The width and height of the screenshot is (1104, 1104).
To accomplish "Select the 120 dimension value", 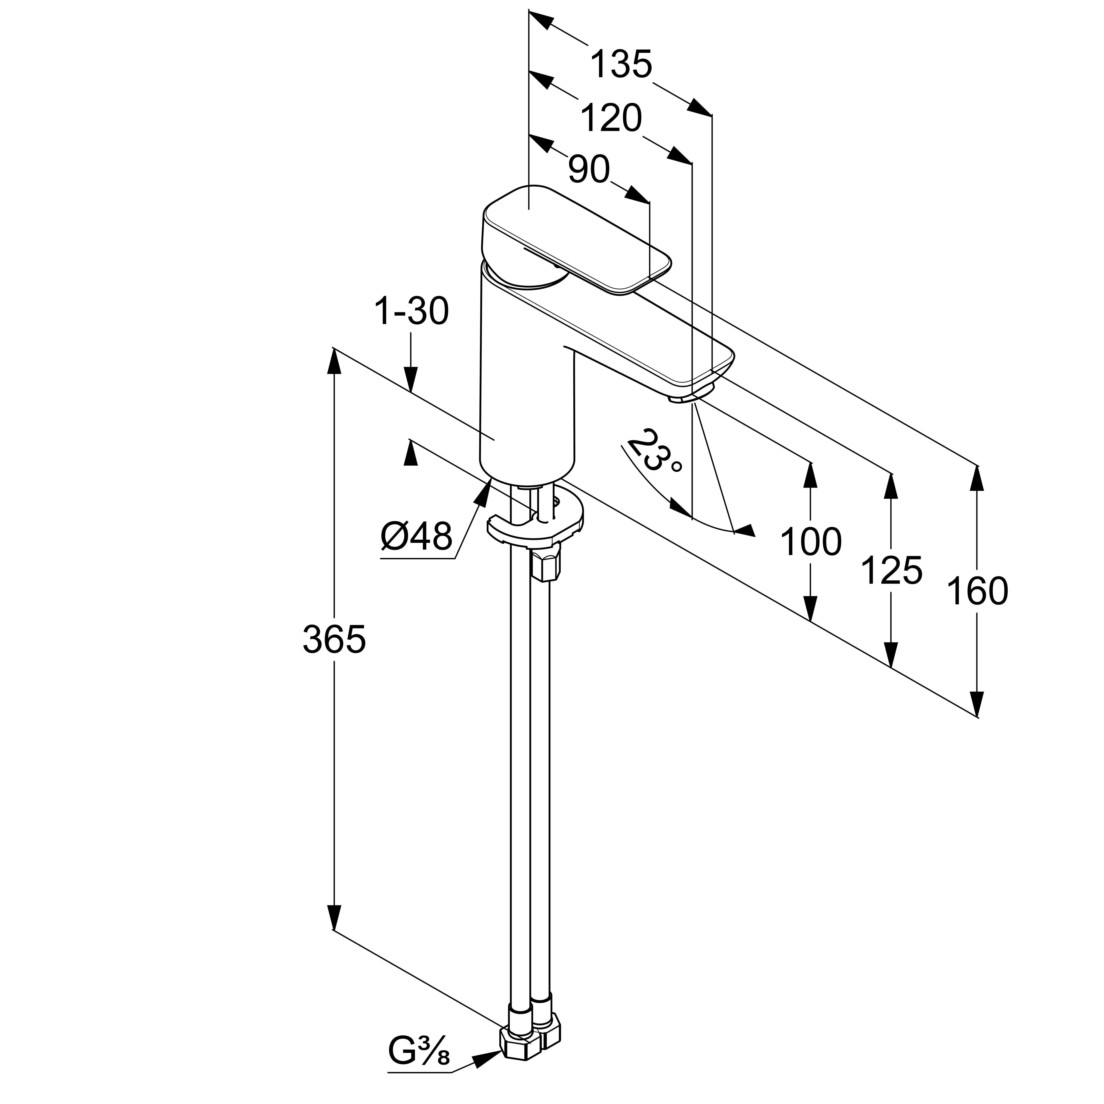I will [x=611, y=119].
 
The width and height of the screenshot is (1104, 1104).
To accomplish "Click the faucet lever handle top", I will [x=577, y=240].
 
